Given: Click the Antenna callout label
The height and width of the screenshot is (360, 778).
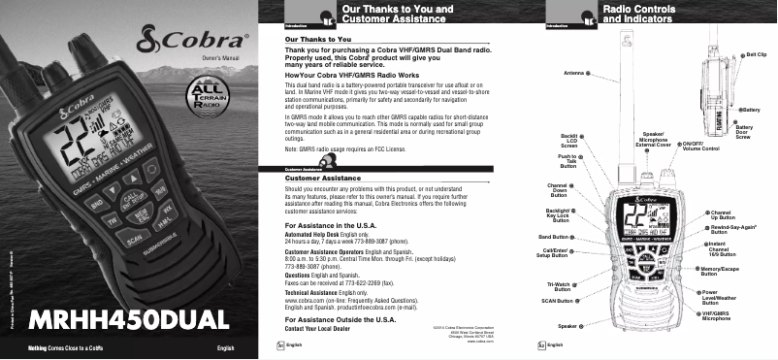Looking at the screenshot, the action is pyautogui.click(x=574, y=73).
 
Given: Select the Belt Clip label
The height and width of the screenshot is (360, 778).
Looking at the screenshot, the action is pyautogui.click(x=755, y=57).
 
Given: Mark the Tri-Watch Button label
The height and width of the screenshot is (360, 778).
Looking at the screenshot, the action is pyautogui.click(x=559, y=285).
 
